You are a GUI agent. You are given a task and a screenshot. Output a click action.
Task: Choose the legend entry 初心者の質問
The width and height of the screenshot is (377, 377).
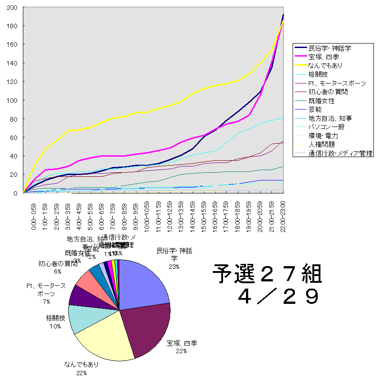[x=328, y=92]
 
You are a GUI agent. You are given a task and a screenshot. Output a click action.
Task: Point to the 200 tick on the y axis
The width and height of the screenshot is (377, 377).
[x=12, y=8]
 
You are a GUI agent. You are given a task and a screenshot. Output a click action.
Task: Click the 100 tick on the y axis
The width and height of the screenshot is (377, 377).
[x=12, y=101]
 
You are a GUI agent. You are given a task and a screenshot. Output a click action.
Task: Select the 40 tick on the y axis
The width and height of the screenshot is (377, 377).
[x=13, y=156]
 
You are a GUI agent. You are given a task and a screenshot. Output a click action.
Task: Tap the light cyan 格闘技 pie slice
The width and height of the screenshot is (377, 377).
[x=81, y=319]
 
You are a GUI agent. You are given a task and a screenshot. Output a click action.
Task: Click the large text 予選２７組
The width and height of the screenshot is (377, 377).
[x=267, y=273]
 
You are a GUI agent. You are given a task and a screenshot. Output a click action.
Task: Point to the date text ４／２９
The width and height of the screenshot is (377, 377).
[x=279, y=297]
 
